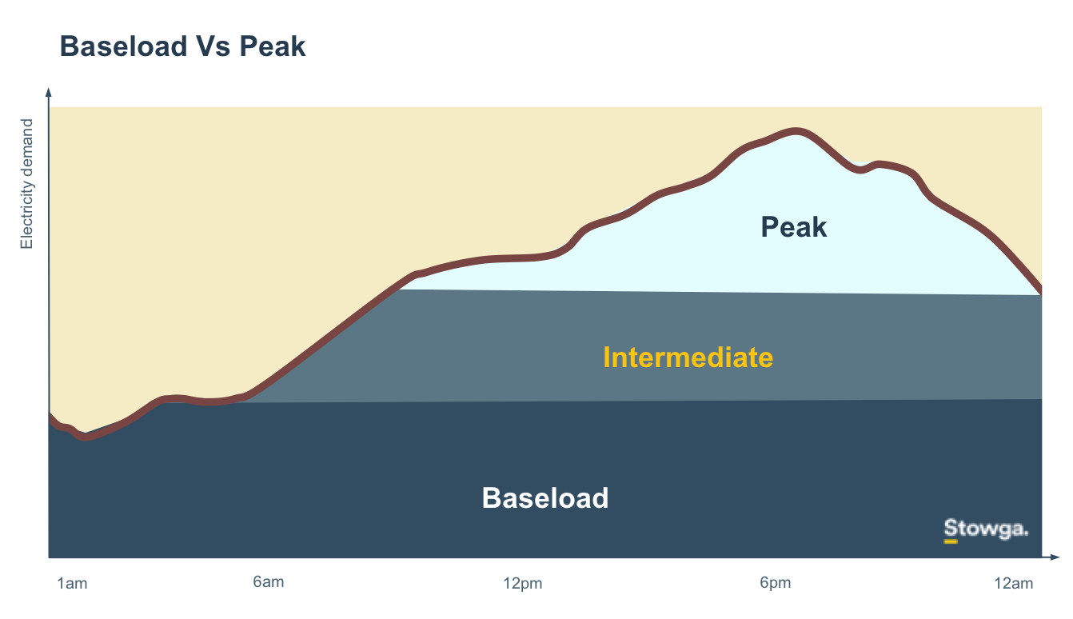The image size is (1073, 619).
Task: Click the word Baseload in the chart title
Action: coord(123,46)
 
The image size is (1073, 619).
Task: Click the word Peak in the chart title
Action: coord(273,46)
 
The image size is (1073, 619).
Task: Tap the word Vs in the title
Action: coord(213,46)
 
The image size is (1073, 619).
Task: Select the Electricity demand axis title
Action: coord(26,184)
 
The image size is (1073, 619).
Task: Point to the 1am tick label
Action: coord(72,584)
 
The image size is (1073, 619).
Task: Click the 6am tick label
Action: coord(269,582)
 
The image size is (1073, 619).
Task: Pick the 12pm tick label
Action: coord(523,584)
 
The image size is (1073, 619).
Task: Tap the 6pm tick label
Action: coord(775,583)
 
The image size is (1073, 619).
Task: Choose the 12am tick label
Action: coord(1013,584)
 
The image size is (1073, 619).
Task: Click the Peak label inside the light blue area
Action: coord(794,226)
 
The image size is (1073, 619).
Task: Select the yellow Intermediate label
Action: coord(688,357)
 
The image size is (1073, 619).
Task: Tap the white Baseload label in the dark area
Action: coord(545,497)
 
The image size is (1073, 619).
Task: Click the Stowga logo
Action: coord(986,530)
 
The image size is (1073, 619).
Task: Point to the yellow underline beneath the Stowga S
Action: coord(951,542)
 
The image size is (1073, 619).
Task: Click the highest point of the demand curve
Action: coord(796,132)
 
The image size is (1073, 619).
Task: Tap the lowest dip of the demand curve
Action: coord(86,437)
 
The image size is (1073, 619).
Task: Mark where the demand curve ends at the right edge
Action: coord(1041,290)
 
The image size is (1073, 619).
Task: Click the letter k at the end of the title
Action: coord(299,46)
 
